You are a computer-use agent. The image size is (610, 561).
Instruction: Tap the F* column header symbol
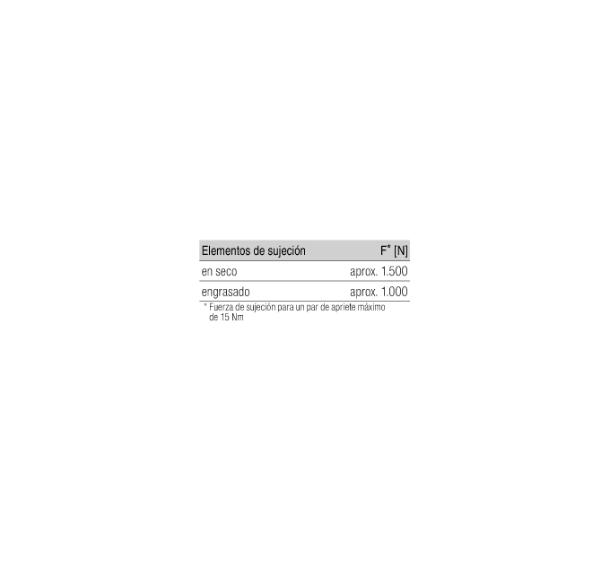pyautogui.click(x=386, y=250)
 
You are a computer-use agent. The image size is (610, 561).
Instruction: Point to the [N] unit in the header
pyautogui.click(x=401, y=251)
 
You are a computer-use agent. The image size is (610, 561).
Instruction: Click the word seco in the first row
pyautogui.click(x=226, y=272)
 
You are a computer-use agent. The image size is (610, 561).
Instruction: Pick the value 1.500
pyautogui.click(x=395, y=271)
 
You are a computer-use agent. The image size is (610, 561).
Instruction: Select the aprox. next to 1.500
pyautogui.click(x=363, y=272)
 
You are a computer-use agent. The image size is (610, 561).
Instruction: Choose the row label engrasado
pyautogui.click(x=226, y=293)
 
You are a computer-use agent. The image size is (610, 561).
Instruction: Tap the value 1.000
pyautogui.click(x=395, y=292)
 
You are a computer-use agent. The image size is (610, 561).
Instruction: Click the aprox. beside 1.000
pyautogui.click(x=363, y=293)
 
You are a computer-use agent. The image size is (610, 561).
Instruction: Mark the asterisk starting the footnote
pyautogui.click(x=205, y=305)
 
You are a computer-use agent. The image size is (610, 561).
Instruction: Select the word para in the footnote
pyautogui.click(x=285, y=308)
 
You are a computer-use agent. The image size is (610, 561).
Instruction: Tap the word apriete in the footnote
pyautogui.click(x=344, y=308)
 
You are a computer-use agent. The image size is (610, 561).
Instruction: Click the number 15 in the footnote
pyautogui.click(x=225, y=317)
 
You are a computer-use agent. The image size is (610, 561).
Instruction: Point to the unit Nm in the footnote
pyautogui.click(x=238, y=317)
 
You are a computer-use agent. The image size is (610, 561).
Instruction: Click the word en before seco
pyautogui.click(x=206, y=272)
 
